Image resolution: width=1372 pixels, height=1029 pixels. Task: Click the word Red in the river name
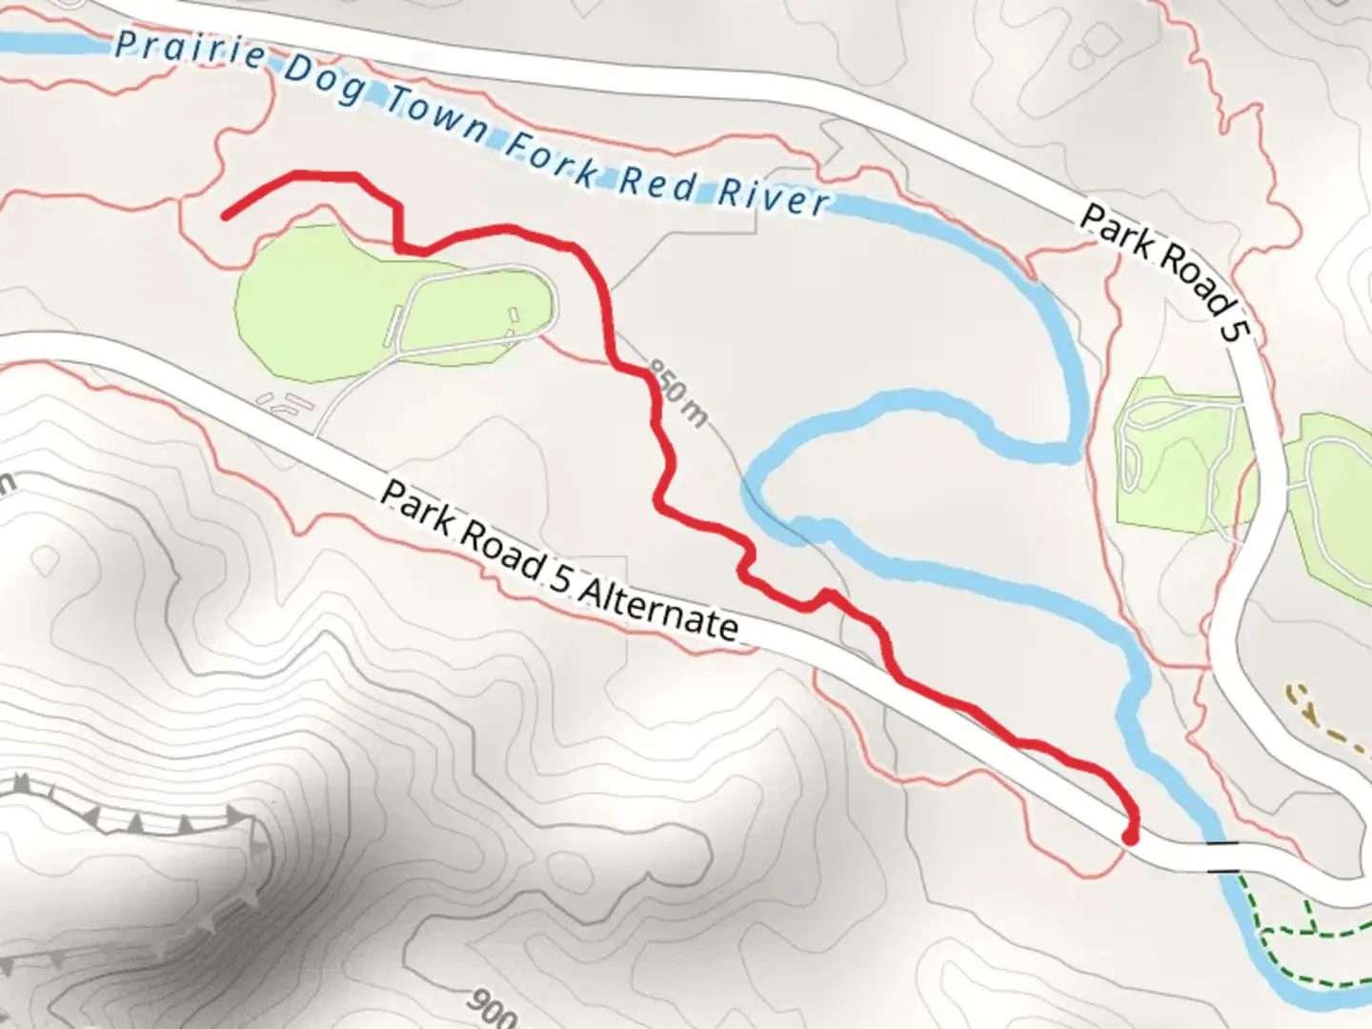pyautogui.click(x=657, y=183)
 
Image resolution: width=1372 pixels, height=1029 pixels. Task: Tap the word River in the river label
pyautogui.click(x=772, y=197)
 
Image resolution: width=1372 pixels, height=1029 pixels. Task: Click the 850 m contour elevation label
pyautogui.click(x=679, y=393)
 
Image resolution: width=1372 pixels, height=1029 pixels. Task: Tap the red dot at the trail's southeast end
pyautogui.click(x=1130, y=837)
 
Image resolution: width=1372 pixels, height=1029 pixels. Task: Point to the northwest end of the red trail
pyautogui.click(x=226, y=216)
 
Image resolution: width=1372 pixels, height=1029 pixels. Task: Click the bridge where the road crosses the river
pyautogui.click(x=1221, y=857)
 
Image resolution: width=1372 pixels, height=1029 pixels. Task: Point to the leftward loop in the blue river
pyautogui.click(x=762, y=476)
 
